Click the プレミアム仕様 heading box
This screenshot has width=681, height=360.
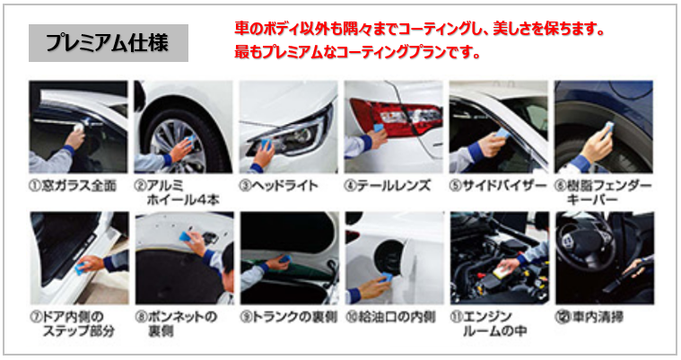click(x=109, y=42)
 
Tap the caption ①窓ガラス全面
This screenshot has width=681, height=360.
click(x=73, y=186)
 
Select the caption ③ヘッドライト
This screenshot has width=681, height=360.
click(x=279, y=186)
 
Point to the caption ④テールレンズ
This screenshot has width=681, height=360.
click(x=388, y=186)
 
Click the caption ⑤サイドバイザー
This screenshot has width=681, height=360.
click(x=498, y=186)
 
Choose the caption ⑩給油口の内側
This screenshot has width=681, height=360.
click(x=390, y=317)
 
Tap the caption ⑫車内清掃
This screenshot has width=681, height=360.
click(x=589, y=317)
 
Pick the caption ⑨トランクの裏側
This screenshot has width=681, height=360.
click(x=288, y=317)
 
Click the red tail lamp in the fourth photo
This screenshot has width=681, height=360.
click(x=395, y=114)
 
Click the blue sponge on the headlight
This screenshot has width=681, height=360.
click(x=266, y=145)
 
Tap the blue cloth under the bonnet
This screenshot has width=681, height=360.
click(x=185, y=236)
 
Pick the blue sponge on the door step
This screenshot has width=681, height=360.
click(x=80, y=269)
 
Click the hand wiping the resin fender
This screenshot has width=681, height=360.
click(x=598, y=145)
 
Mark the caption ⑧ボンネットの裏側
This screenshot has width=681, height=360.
click(x=176, y=324)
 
